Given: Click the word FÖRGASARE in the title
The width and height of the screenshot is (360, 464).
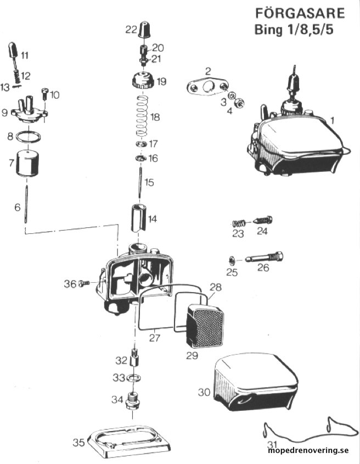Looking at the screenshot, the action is pyautogui.click(x=300, y=13).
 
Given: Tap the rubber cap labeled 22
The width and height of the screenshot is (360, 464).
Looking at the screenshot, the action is pyautogui.click(x=144, y=29).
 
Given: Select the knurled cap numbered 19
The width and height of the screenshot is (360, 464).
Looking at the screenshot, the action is pyautogui.click(x=143, y=80).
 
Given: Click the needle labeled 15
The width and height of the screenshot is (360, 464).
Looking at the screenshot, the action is pyautogui.click(x=139, y=182).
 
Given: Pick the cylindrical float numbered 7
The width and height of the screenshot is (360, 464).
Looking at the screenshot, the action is pyautogui.click(x=27, y=163).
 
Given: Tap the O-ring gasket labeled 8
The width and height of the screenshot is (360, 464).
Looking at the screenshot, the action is pyautogui.click(x=29, y=137).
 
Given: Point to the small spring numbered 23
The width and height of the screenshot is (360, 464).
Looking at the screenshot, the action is pyautogui.click(x=239, y=222).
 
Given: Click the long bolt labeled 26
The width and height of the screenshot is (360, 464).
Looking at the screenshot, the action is pyautogui.click(x=264, y=257).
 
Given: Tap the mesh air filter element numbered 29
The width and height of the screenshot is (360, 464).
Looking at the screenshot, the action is pyautogui.click(x=205, y=325).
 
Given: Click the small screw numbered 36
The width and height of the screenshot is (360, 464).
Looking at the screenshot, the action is pyautogui.click(x=85, y=284).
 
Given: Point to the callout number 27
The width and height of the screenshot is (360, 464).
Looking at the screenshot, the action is pyautogui.click(x=154, y=338).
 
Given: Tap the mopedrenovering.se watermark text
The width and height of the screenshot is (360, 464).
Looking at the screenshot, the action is pyautogui.click(x=308, y=451).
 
